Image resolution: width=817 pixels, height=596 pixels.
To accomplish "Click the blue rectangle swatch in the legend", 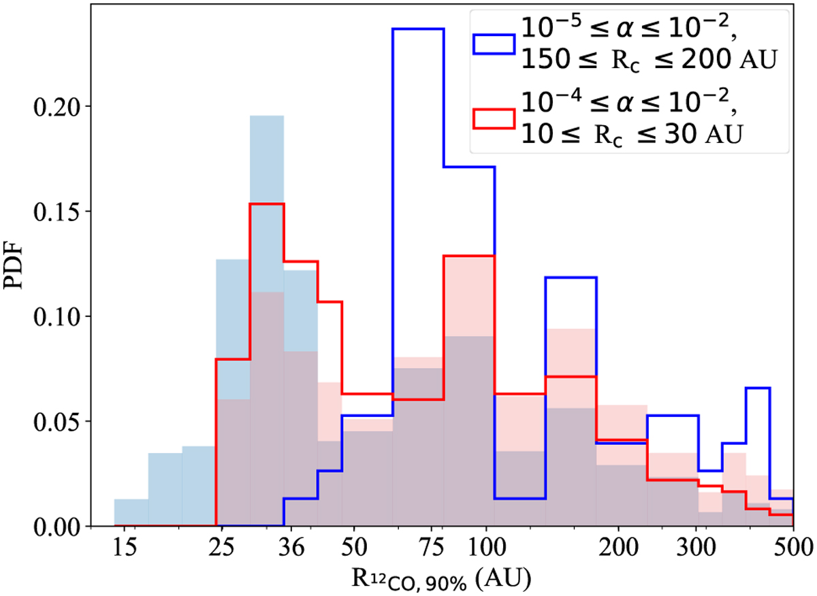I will click(x=493, y=44).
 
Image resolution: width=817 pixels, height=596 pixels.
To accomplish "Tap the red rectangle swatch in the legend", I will click(x=493, y=117).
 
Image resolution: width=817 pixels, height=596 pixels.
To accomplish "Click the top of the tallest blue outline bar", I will click(x=418, y=29).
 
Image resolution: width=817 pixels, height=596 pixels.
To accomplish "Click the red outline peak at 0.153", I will click(x=267, y=203).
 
